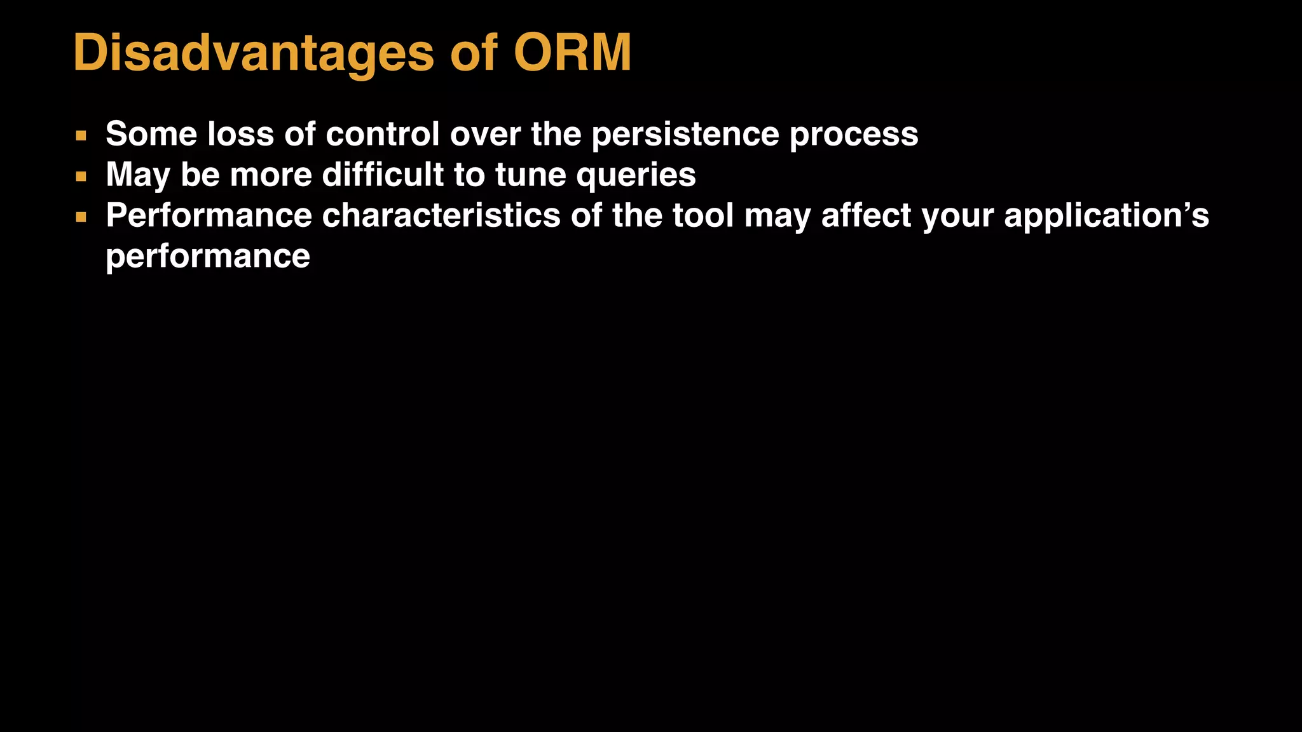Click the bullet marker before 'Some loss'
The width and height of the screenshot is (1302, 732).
pyautogui.click(x=81, y=135)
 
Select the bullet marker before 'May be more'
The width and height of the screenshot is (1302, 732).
pyautogui.click(x=81, y=176)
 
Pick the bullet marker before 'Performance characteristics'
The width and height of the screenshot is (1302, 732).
pyautogui.click(x=81, y=217)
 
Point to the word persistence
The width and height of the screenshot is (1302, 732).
pyautogui.click(x=685, y=135)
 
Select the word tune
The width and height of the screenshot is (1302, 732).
pyautogui.click(x=530, y=175)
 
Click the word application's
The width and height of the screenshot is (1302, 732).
pyautogui.click(x=1106, y=217)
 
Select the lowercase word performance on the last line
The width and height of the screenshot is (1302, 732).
pyautogui.click(x=208, y=257)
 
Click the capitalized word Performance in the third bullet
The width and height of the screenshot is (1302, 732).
pyautogui.click(x=209, y=215)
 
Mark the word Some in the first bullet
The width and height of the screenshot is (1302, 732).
pyautogui.click(x=151, y=134)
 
